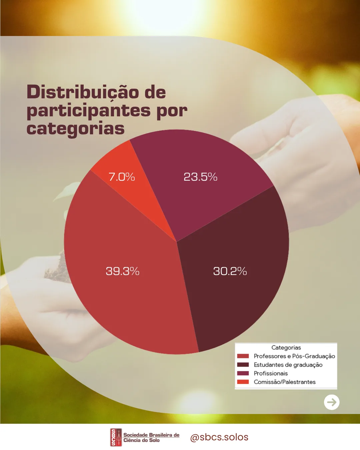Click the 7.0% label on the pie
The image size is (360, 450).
coord(122,177)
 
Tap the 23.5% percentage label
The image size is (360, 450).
coord(200,177)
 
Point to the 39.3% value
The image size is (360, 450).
coord(122,271)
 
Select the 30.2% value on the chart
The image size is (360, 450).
coord(230,271)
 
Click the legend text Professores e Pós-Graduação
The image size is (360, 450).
coord(294,356)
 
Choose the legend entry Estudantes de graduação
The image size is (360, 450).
coord(288,365)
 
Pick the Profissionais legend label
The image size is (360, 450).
coord(271,373)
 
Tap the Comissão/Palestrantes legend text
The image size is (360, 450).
coord(284,382)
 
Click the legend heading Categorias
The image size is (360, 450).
coord(286,348)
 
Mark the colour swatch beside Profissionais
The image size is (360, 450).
coord(243,373)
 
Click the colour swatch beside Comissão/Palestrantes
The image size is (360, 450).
coord(243,382)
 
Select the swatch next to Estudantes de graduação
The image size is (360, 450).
coord(243,365)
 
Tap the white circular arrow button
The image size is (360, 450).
coord(332,402)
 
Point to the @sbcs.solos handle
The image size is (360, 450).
coord(219,437)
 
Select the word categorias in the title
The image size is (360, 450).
coord(76,129)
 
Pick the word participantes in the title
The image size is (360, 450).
coord(89,111)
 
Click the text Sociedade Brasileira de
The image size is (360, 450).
coord(151,435)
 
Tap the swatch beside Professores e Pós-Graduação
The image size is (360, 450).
coord(243,356)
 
